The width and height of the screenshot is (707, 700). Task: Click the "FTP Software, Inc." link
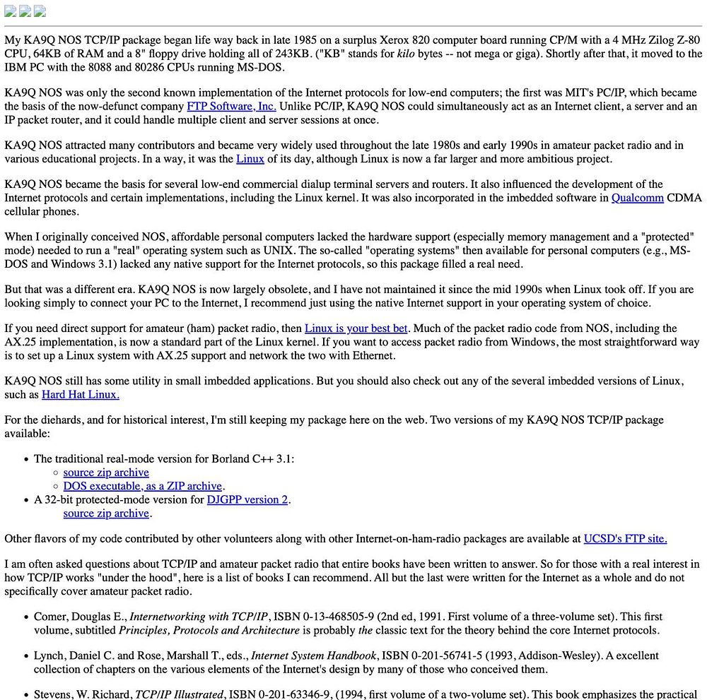click(231, 106)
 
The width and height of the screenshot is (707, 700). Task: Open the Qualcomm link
click(637, 198)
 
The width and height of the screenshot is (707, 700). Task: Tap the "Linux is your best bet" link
click(356, 328)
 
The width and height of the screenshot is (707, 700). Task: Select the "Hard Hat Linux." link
click(81, 394)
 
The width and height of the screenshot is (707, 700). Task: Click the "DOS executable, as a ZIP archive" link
click(143, 485)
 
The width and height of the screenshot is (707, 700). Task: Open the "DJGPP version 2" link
click(247, 499)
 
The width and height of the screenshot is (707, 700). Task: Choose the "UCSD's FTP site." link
click(625, 538)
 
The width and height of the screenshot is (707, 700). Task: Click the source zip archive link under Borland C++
click(106, 472)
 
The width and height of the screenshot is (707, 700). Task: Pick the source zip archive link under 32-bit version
click(106, 513)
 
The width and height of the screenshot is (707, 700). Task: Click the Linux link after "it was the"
click(250, 159)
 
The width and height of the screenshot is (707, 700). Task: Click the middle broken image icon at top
click(25, 11)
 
